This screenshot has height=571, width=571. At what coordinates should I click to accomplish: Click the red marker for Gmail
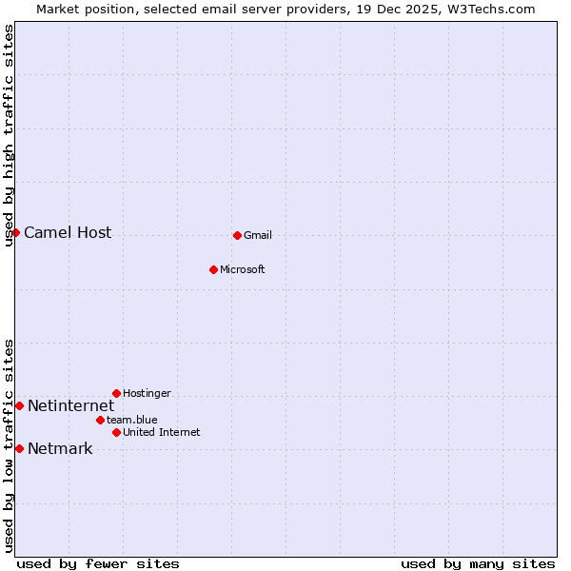237,235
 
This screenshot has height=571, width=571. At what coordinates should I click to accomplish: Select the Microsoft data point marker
213,269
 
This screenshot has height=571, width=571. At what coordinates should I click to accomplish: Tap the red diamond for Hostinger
116,393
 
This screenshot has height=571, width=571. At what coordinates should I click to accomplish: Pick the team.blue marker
100,420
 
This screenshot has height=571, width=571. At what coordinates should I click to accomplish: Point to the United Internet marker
116,432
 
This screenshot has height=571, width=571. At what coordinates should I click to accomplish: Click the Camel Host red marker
15,232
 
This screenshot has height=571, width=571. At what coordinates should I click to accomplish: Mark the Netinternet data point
19,405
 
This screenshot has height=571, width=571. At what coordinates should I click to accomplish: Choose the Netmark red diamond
19,448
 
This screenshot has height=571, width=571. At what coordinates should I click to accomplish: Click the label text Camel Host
68,233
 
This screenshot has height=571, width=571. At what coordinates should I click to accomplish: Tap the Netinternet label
70,406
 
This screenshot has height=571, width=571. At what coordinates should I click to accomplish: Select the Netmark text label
60,449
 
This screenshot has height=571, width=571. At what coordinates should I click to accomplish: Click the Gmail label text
258,236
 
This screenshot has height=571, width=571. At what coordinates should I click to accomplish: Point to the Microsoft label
243,270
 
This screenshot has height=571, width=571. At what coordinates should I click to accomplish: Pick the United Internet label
162,433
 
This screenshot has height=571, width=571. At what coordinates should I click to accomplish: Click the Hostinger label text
147,394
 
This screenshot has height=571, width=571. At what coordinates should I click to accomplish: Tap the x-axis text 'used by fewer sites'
98,564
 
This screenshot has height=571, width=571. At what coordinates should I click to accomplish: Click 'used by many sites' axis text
478,564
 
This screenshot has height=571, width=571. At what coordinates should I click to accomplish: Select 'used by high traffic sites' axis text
9,135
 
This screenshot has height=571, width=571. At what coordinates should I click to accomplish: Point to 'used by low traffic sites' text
9,445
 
